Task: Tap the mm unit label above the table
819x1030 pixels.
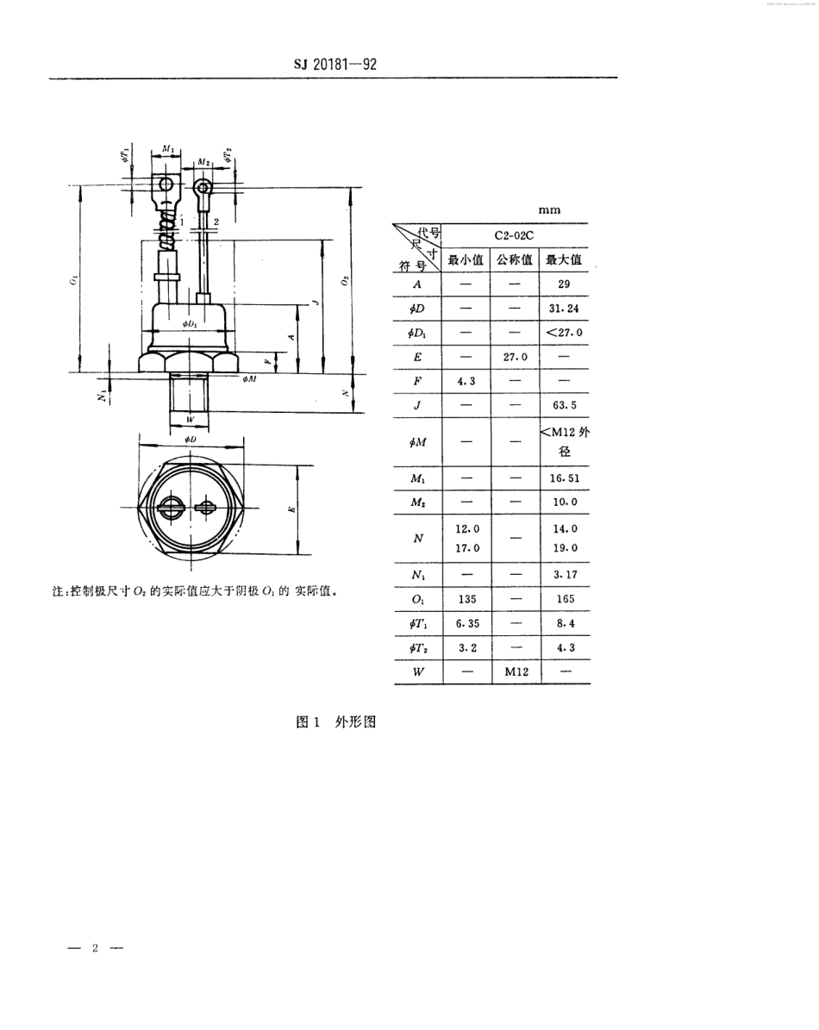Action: click(548, 210)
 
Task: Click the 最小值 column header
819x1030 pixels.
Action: click(466, 259)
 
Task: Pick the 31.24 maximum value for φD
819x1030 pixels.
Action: click(565, 308)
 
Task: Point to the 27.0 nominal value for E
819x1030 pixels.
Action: click(516, 356)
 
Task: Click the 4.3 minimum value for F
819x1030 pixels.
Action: click(466, 380)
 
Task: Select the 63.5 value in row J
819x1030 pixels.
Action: click(565, 404)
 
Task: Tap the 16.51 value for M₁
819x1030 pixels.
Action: click(565, 477)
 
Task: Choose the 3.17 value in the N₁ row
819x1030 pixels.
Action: click(565, 573)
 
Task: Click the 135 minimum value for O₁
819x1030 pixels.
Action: click(466, 598)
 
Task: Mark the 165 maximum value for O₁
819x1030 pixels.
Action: click(565, 598)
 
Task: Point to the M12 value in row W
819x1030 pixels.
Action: click(516, 671)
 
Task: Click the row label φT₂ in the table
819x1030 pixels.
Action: click(418, 647)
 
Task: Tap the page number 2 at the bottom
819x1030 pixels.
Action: click(96, 948)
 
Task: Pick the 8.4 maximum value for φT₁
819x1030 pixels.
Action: click(565, 622)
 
